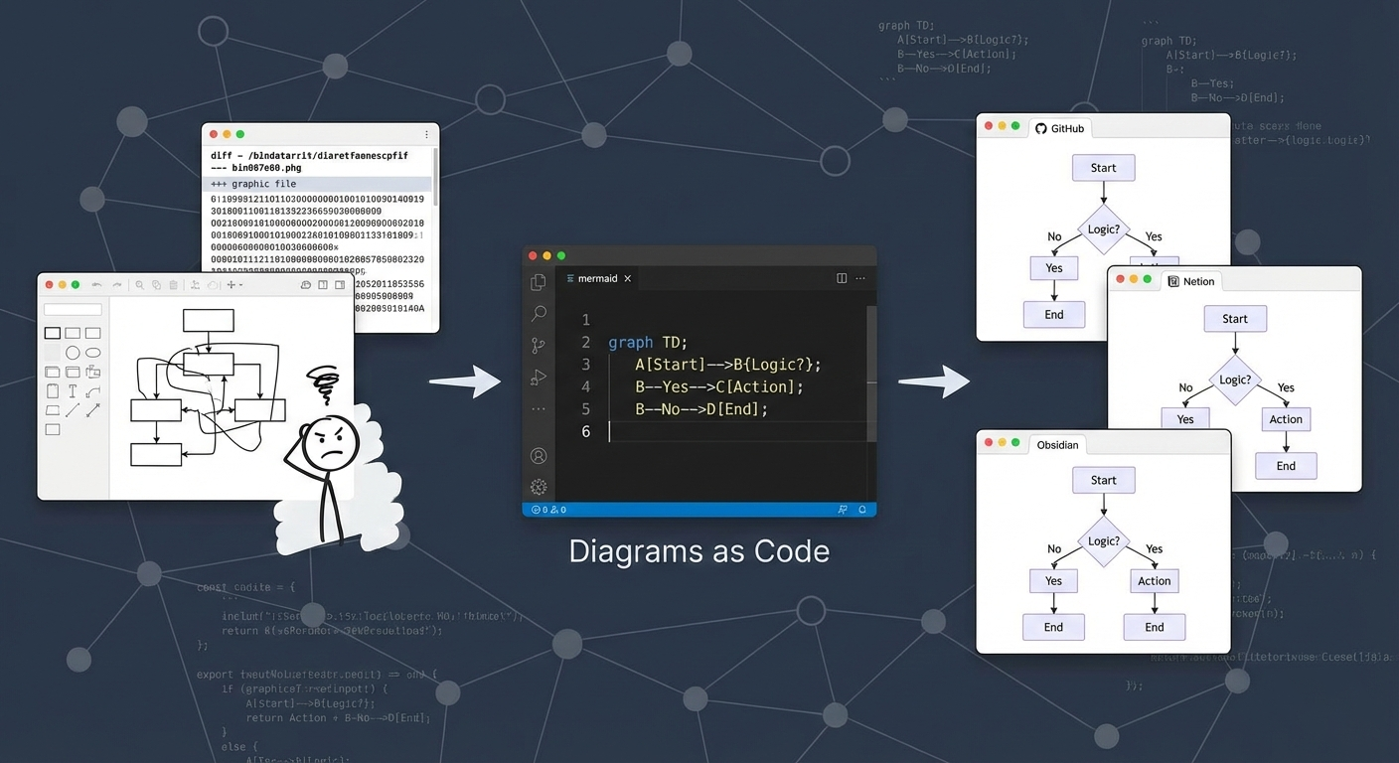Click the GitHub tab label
pos(1067,128)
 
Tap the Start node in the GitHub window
pos(1103,168)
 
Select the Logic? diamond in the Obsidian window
pos(1103,541)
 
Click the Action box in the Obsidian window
pos(1154,581)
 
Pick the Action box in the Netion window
pos(1285,419)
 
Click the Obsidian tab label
pos(1057,444)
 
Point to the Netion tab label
pos(1198,281)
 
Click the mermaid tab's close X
pos(627,279)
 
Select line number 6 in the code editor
pos(585,431)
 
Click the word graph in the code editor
pos(630,342)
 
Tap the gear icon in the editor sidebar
pos(539,487)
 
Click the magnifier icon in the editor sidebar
pos(539,314)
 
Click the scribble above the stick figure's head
pos(324,381)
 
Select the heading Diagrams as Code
pos(699,551)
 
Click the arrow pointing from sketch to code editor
pos(465,381)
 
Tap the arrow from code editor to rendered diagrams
pos(933,381)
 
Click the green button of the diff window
pos(240,134)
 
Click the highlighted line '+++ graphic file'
pos(253,184)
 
